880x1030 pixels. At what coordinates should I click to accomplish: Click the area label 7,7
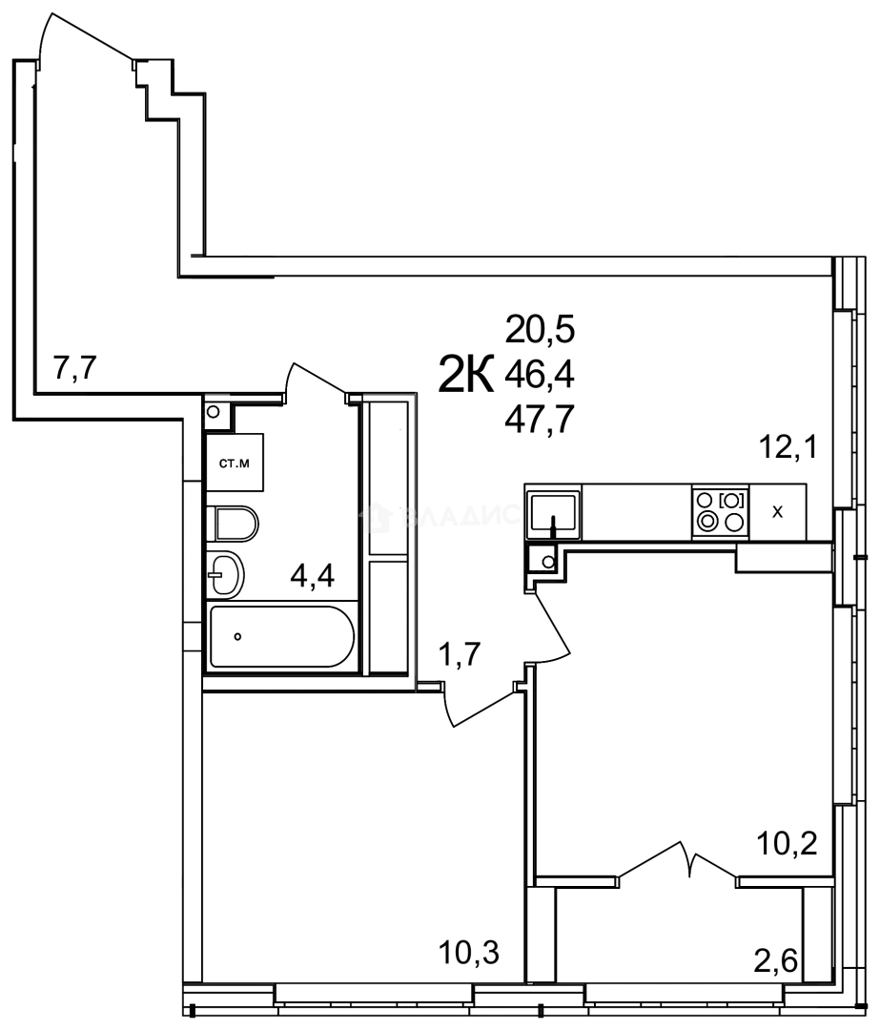(76, 367)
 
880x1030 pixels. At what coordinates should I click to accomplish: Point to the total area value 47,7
(541, 420)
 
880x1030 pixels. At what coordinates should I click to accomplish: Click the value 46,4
(541, 375)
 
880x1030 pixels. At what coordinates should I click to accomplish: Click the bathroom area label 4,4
(312, 577)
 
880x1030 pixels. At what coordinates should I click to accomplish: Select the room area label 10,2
(788, 843)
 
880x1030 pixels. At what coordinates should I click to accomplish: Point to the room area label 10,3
(469, 951)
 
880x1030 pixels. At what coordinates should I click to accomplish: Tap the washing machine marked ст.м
(235, 464)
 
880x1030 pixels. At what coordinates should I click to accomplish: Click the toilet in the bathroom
(235, 523)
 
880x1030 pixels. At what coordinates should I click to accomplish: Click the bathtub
(281, 636)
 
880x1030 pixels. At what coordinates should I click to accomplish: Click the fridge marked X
(778, 512)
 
